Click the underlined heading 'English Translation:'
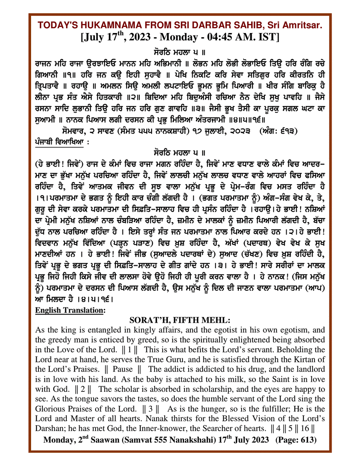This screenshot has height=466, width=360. tap(70, 310)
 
